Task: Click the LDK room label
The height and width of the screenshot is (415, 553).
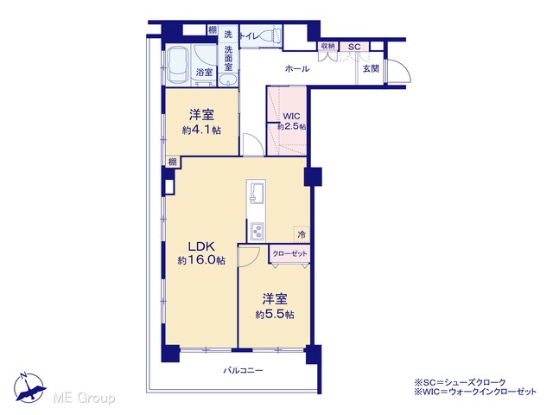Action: (201, 246)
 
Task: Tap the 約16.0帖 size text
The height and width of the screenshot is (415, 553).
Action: (201, 260)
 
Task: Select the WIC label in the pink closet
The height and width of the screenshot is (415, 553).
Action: (291, 116)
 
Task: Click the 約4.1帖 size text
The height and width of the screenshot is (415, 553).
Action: (201, 131)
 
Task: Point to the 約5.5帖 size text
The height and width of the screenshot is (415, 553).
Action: (275, 315)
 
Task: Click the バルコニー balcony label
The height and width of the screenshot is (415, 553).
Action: (243, 371)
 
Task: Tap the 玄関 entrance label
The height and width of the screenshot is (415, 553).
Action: (371, 69)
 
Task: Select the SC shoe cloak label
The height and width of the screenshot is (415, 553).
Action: (354, 47)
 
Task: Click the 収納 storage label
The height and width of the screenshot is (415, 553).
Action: (328, 46)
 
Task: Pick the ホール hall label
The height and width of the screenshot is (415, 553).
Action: (297, 69)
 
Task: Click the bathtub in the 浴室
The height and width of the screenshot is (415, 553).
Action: (178, 66)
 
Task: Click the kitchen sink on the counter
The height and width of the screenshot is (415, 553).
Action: (257, 193)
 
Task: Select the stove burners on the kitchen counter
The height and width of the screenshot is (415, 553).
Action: (257, 231)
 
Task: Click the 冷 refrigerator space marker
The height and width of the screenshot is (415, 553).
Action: (302, 234)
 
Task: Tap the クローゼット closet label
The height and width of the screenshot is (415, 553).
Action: (290, 253)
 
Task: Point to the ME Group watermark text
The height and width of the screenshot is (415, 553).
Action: (84, 398)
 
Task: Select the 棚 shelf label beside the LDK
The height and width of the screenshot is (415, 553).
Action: (172, 162)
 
